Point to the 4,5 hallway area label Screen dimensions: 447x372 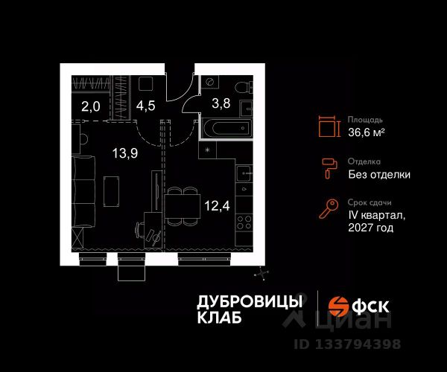[146, 105]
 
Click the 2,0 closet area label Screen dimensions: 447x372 [90, 106]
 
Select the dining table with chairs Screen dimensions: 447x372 [177, 205]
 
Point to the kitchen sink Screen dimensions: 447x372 [244, 174]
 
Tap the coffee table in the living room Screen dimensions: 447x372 [111, 190]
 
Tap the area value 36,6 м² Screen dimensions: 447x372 [366, 132]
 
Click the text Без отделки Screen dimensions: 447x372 [378, 175]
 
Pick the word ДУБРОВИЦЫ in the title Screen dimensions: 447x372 [250, 301]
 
